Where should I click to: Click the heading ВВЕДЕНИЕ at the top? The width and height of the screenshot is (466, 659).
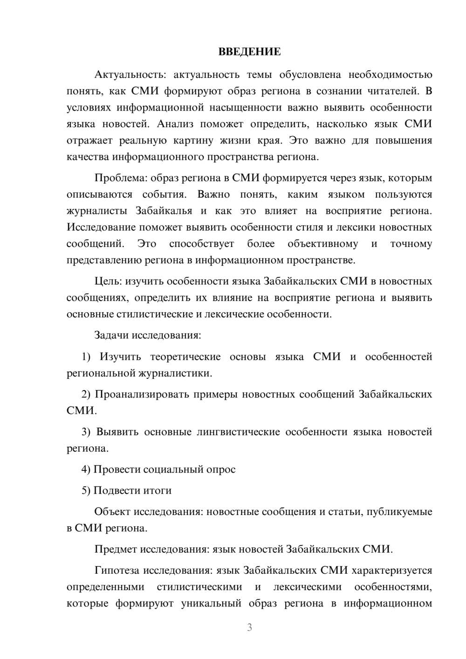[x=249, y=52]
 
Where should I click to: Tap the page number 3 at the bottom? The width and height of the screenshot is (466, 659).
[x=249, y=627]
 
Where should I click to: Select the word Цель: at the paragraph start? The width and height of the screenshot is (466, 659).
[x=108, y=281]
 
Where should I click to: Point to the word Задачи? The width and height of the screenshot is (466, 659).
[x=112, y=335]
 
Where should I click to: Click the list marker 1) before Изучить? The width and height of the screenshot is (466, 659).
[x=86, y=357]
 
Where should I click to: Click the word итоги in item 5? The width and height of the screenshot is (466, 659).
[x=157, y=490]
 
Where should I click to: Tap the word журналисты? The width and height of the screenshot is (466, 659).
[x=97, y=211]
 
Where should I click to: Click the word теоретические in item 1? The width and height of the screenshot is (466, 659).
[x=185, y=357]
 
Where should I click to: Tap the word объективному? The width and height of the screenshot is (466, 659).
[x=322, y=244]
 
